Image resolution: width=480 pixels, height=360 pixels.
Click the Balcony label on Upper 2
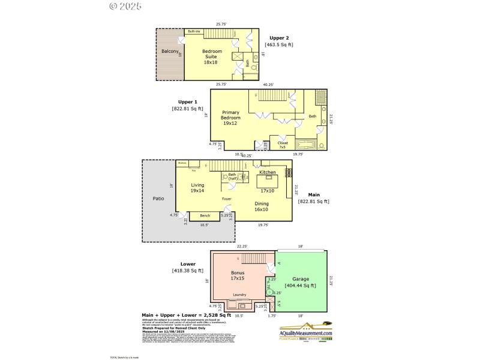tap(170, 52)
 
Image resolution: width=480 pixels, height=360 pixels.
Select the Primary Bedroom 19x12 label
tap(230, 118)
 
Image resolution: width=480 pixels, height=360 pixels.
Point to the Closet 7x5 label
tap(283, 145)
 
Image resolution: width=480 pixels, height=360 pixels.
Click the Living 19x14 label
tap(197, 188)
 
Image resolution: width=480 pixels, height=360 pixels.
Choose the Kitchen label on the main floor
tap(267, 172)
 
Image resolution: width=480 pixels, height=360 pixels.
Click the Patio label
tap(158, 198)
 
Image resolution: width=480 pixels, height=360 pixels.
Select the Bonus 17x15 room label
tap(238, 277)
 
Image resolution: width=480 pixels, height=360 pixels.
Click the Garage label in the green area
tap(301, 283)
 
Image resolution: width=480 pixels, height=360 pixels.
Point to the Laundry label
tap(240, 295)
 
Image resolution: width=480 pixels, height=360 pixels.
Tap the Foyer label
tap(227, 199)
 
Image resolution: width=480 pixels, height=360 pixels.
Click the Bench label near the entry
tap(205, 215)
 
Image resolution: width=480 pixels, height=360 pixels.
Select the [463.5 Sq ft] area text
tap(279, 45)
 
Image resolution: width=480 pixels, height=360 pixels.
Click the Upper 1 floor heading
tap(187, 102)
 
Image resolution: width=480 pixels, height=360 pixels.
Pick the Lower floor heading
tap(188, 263)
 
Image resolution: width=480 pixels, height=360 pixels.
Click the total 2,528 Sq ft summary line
tap(186, 315)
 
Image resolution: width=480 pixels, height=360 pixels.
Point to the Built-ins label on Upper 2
tap(194, 31)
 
